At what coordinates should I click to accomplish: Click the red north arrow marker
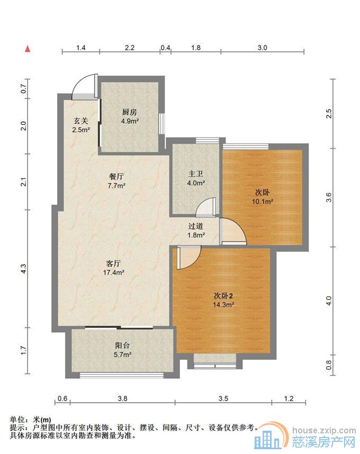click(28, 49)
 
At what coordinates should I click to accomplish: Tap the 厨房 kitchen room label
click(130, 112)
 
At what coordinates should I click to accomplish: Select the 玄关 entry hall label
click(81, 121)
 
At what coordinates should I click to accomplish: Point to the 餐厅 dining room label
click(116, 176)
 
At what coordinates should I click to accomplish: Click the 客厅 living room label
click(113, 263)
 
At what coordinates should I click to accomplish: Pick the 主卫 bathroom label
click(196, 174)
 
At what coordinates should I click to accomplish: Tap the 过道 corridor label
click(196, 226)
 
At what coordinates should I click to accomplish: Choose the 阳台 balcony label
click(122, 345)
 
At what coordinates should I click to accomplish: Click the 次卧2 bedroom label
click(223, 296)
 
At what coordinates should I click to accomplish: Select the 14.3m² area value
click(223, 305)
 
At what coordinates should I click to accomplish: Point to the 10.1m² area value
click(263, 202)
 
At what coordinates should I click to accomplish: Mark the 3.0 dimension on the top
click(262, 48)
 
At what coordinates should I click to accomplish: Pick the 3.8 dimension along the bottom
click(122, 398)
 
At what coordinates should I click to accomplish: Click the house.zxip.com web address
click(324, 430)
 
